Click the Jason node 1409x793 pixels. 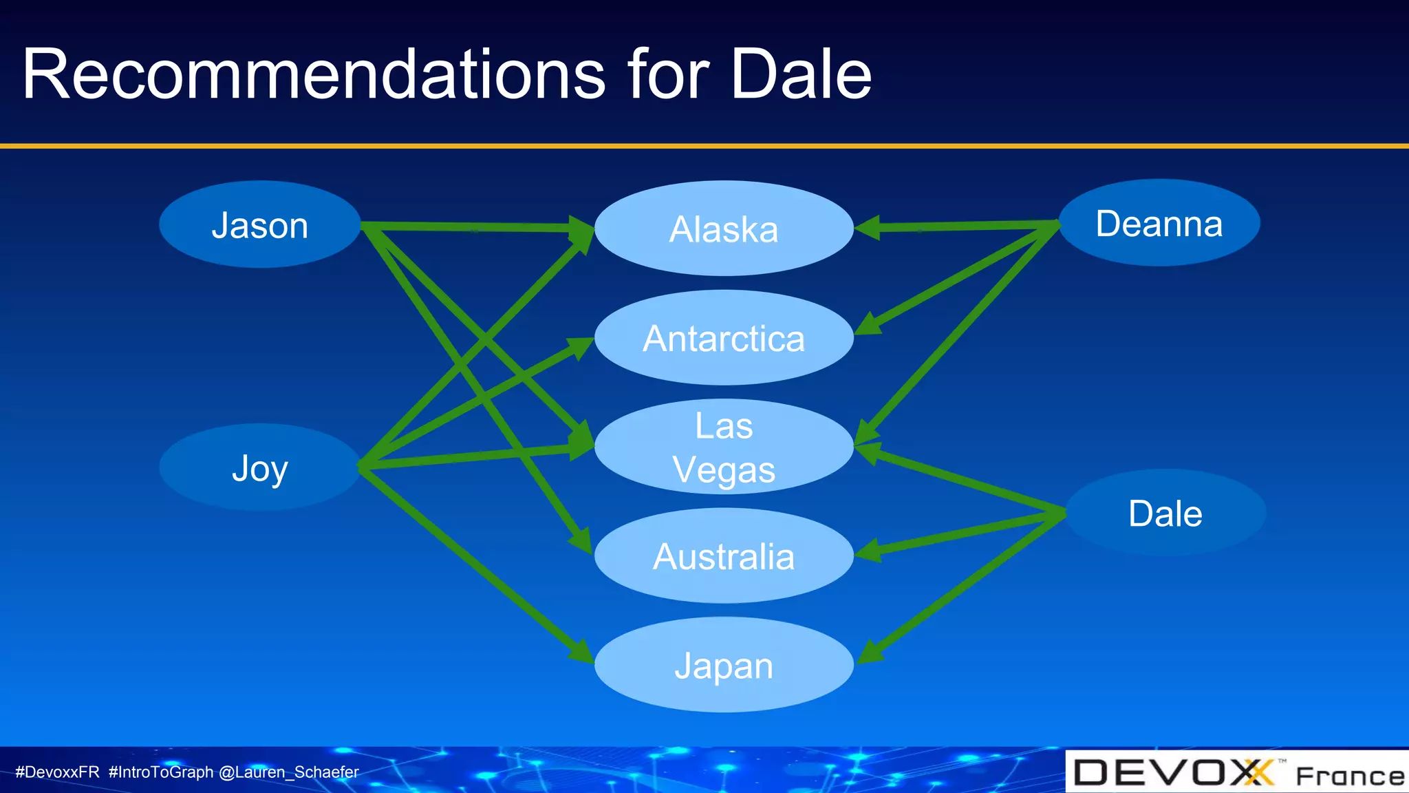[x=259, y=224]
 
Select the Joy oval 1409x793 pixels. [x=259, y=467]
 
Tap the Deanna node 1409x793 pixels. [x=1159, y=223]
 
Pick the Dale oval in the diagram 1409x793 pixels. [x=1165, y=513]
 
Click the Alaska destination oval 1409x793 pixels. [x=724, y=229]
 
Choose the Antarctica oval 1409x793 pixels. [x=724, y=338]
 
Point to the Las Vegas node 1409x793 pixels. [x=724, y=447]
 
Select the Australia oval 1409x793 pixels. [x=724, y=556]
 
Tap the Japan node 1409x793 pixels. [x=724, y=665]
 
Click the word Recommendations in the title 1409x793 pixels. [x=313, y=74]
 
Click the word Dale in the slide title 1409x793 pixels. [x=800, y=74]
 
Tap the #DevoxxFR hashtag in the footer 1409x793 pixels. [x=58, y=772]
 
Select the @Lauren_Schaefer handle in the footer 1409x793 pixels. [x=288, y=772]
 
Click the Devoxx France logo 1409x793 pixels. [x=1237, y=772]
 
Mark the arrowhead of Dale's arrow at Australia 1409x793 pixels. [x=868, y=551]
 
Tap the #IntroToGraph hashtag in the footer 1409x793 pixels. [x=161, y=772]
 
